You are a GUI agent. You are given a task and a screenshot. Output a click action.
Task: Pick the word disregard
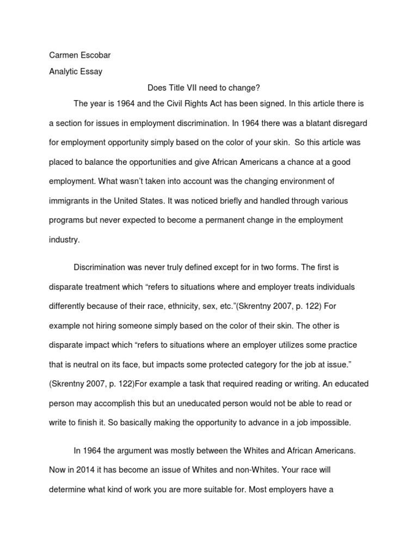point(345,123)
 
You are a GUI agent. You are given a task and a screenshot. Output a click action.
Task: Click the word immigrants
point(70,201)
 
